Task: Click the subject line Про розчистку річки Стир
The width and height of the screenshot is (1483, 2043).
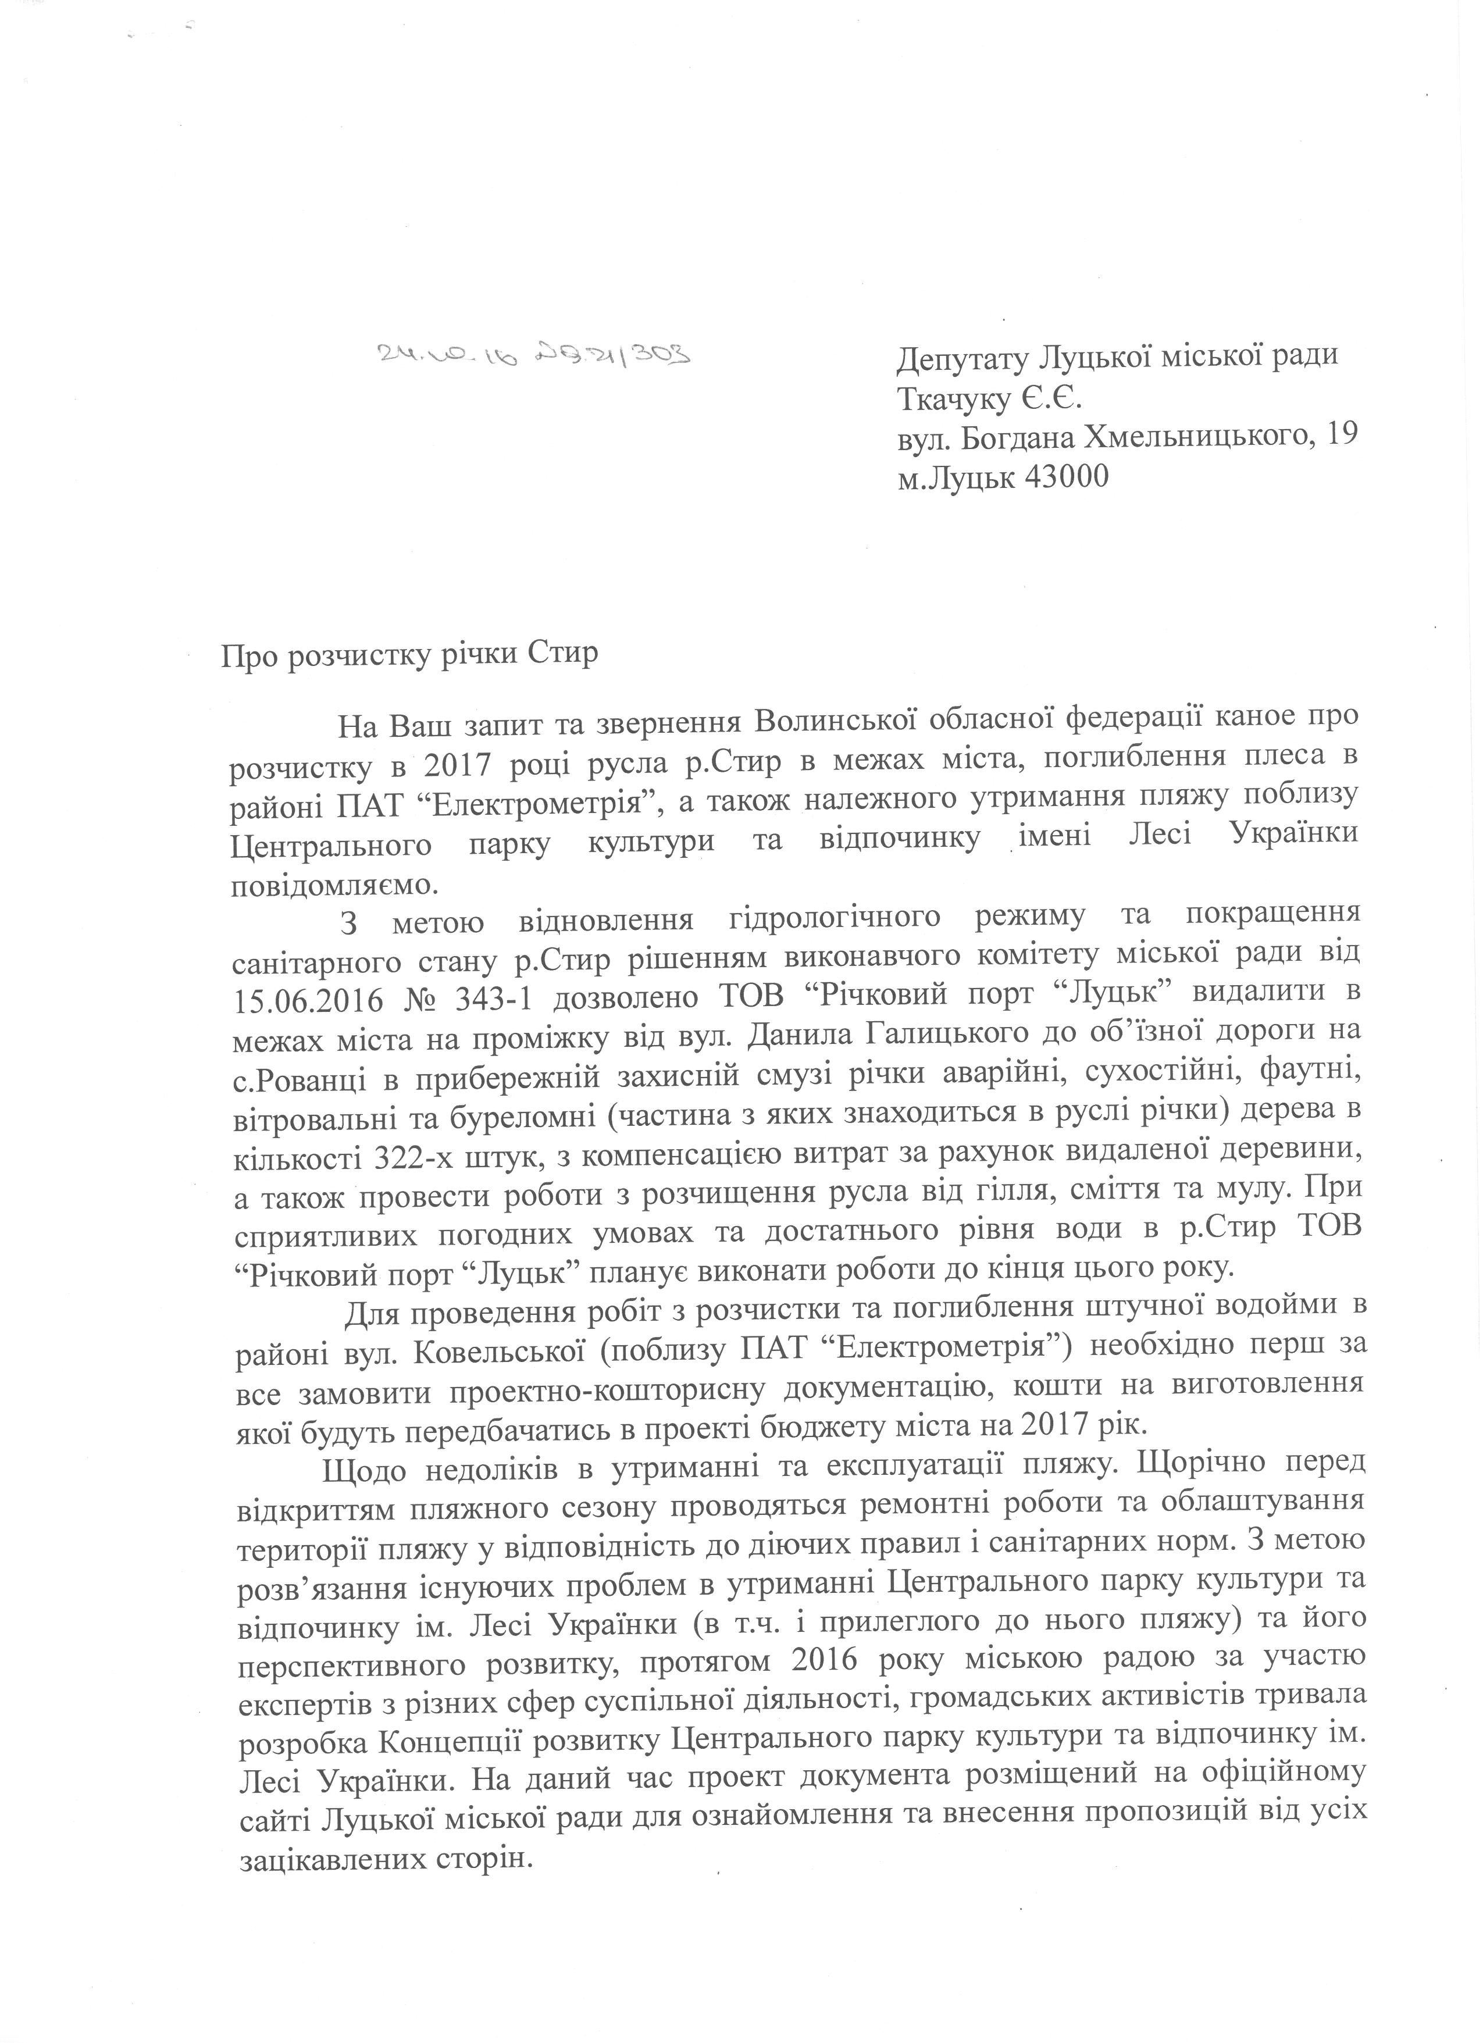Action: click(x=409, y=652)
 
